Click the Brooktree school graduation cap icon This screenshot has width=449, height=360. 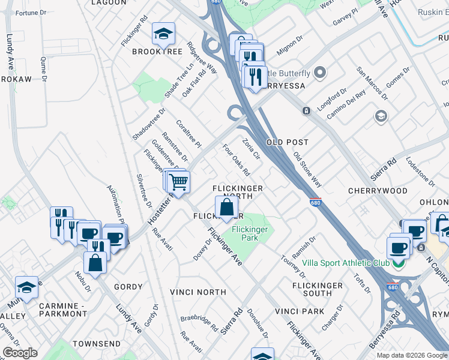[x=162, y=34]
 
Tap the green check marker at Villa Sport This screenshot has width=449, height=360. [x=397, y=263]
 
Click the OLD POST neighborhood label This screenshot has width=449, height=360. [x=287, y=142]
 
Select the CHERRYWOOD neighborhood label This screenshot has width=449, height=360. [x=378, y=190]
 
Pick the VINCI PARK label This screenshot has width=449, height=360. [x=300, y=311]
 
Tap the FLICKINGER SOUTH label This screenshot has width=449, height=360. [x=318, y=289]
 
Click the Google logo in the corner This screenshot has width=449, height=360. [x=20, y=353]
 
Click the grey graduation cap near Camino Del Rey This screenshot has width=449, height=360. [x=381, y=116]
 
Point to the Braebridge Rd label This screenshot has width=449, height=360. [x=200, y=324]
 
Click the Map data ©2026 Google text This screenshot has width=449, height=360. [x=412, y=355]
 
